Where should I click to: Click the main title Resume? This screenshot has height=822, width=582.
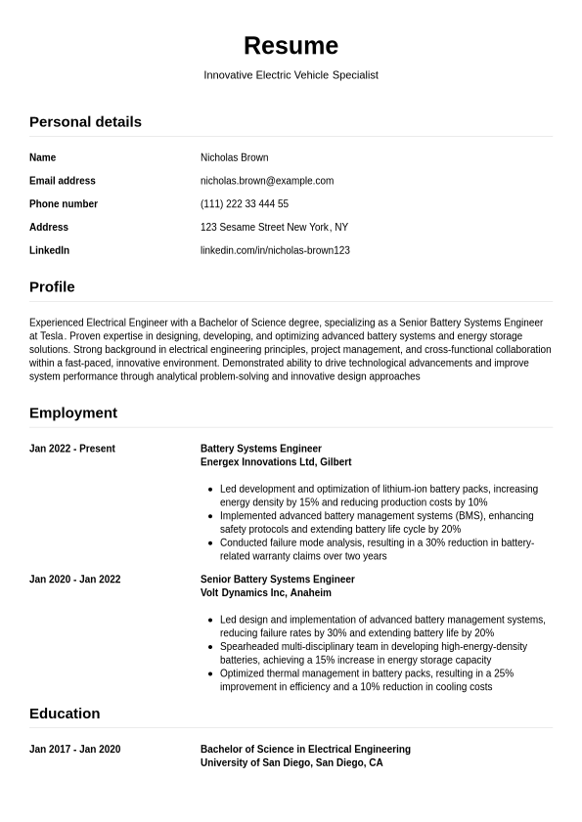point(291,46)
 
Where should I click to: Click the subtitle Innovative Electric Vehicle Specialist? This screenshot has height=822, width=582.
point(291,75)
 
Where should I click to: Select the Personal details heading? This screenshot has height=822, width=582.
point(85,122)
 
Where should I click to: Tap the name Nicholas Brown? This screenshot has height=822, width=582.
point(234,157)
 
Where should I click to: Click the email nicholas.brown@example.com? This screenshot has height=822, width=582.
point(267,181)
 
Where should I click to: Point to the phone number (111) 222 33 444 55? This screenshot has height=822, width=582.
point(245,204)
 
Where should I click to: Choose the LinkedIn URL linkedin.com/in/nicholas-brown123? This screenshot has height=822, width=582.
point(275,250)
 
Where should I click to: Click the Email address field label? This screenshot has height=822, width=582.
point(63,181)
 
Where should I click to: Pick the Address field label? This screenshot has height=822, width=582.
point(49,227)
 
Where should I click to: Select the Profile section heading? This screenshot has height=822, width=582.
point(52,287)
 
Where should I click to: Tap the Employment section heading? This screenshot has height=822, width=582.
point(73,413)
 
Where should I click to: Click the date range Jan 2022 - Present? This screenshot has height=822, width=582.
point(72,449)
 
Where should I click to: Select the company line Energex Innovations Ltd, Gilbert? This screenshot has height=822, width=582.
point(276,462)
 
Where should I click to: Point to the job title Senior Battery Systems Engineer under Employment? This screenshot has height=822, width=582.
point(278,580)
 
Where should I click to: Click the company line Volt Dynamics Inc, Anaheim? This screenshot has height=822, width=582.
point(266,593)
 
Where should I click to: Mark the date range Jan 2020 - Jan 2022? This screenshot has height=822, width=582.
point(75,580)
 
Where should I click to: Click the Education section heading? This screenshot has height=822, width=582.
point(65,714)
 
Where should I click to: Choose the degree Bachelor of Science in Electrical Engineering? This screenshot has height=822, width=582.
point(305,750)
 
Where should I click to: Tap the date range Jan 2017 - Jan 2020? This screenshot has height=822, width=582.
point(75,750)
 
